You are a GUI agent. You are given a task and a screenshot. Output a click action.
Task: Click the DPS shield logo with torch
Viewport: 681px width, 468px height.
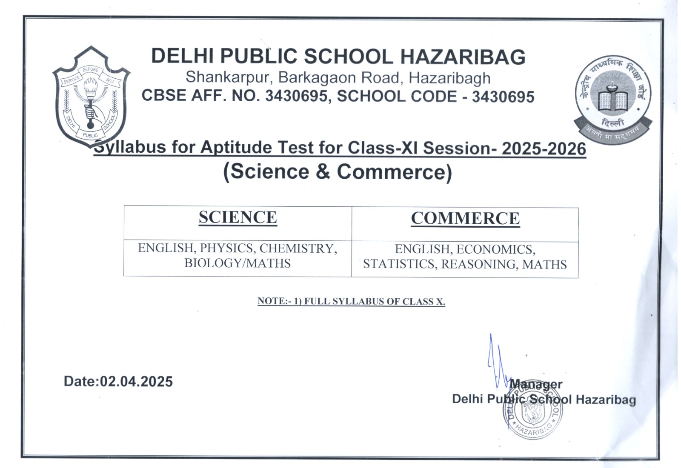(91, 96)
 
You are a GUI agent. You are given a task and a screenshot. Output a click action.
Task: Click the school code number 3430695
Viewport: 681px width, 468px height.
(503, 97)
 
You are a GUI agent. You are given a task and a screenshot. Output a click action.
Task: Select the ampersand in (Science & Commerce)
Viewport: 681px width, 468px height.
(323, 172)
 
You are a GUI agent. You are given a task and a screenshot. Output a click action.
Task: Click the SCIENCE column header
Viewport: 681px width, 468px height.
(237, 218)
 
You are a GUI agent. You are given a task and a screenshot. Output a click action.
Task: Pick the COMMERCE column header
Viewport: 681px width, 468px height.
(465, 219)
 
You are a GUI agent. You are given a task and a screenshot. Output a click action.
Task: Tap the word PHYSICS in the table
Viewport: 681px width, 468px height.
(226, 248)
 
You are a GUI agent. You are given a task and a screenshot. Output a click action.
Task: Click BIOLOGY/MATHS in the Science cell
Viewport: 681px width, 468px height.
(237, 263)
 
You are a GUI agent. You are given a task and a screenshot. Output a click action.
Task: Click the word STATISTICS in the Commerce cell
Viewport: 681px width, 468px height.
(400, 265)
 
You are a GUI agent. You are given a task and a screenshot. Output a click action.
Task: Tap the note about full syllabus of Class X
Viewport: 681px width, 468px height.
(351, 302)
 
